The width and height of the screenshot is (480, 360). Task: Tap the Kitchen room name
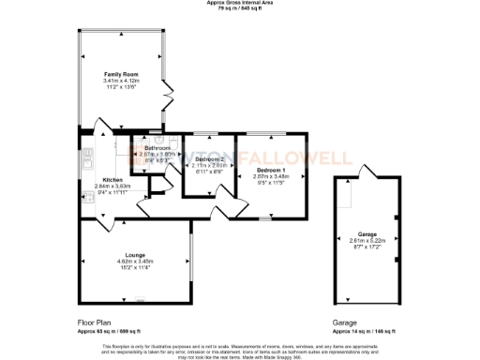pyautogui.click(x=112, y=179)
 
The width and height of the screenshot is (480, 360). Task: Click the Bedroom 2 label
pyautogui.click(x=209, y=159)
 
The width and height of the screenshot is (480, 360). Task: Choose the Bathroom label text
pyautogui.click(x=157, y=148)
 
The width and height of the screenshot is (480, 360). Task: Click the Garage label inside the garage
pyautogui.click(x=367, y=234)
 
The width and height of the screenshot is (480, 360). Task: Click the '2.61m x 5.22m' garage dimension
pyautogui.click(x=367, y=241)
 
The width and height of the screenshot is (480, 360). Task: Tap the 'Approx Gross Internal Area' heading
pyautogui.click(x=240, y=4)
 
